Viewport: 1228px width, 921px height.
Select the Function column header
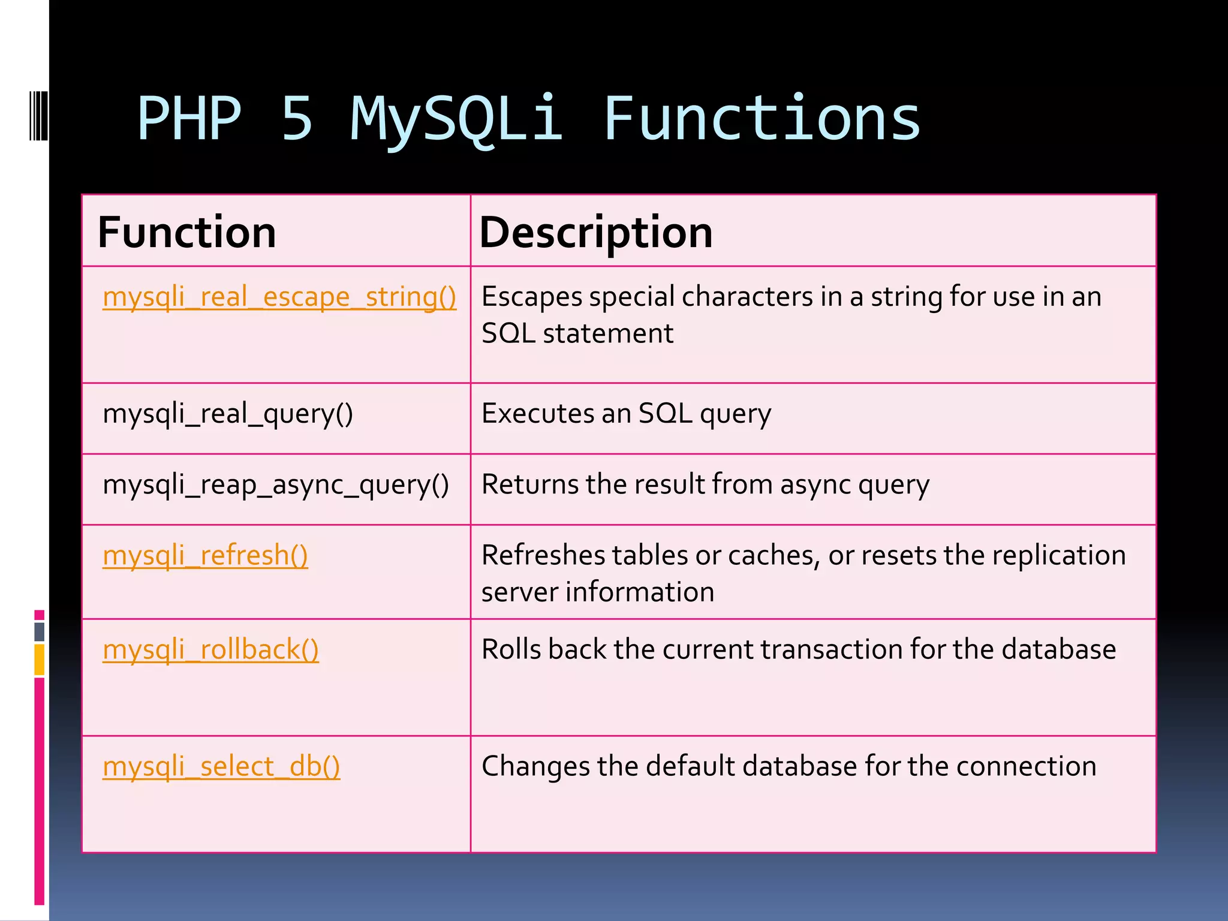coord(186,233)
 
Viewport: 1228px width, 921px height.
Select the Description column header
coord(596,233)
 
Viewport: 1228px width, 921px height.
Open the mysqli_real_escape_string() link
coord(279,297)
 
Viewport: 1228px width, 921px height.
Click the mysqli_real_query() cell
coord(228,414)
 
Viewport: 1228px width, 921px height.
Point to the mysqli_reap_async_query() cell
coord(276,484)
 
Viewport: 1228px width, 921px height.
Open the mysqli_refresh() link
coord(205,555)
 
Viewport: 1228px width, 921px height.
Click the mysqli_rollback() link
coord(210,649)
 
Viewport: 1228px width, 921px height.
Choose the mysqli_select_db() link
coord(221,766)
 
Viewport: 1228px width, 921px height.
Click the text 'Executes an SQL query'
coord(626,414)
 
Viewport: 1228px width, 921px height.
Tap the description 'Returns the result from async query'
coord(705,484)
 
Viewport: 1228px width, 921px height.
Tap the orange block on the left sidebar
coord(39,660)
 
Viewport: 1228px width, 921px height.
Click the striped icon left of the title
coord(38,115)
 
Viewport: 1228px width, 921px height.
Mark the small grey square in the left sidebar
coord(39,631)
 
